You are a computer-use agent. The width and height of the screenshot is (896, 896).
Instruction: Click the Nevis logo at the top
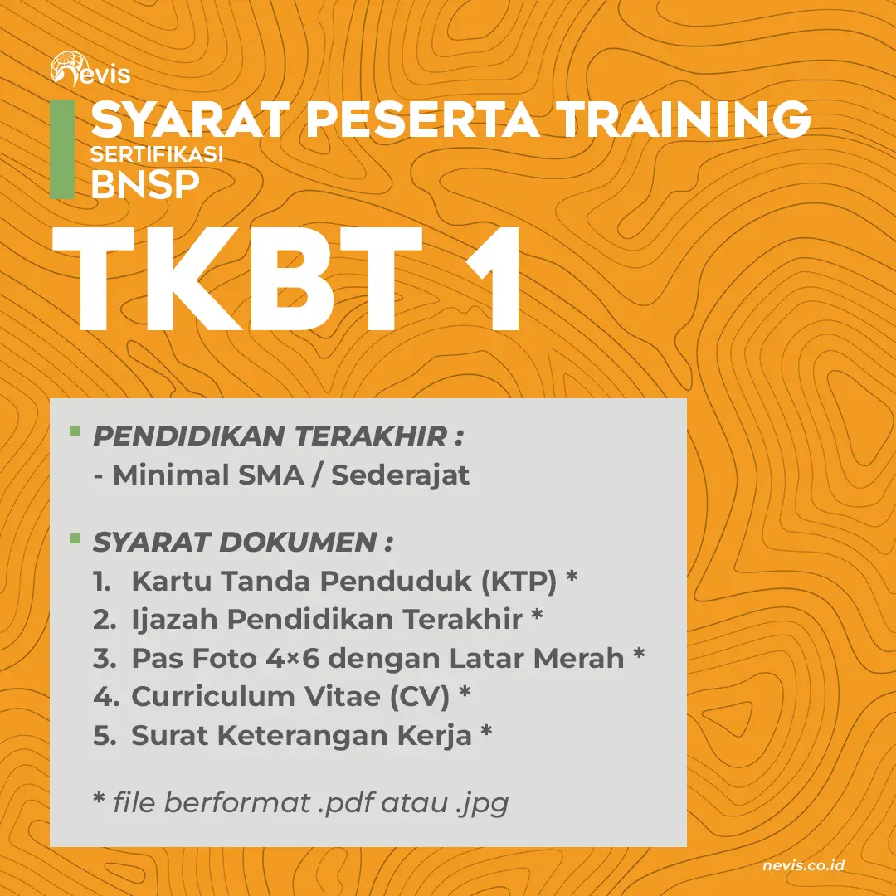coord(90,70)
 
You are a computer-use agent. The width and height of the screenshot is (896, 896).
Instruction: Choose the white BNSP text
coord(144,184)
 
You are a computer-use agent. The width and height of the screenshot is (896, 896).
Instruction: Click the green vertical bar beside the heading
coord(62,149)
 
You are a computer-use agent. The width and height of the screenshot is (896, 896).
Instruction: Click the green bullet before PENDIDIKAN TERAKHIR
coord(75,431)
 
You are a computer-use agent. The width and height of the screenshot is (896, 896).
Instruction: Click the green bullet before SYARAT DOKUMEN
coord(75,538)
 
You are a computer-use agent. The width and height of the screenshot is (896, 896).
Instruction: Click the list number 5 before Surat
coord(104,735)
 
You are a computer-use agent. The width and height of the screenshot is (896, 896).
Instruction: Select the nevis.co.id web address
coord(803,866)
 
